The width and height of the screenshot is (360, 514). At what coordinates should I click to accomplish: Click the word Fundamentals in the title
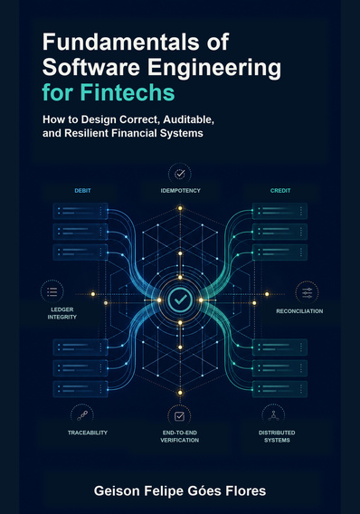click(x=120, y=42)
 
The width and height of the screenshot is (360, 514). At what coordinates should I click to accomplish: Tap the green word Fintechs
click(x=128, y=92)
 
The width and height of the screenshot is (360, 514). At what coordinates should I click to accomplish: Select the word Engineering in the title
click(x=214, y=69)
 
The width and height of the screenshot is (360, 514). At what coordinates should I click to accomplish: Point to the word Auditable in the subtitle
click(x=189, y=120)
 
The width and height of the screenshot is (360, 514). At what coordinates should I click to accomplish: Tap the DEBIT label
click(x=82, y=190)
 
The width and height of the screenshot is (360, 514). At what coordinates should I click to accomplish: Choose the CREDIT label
click(x=280, y=190)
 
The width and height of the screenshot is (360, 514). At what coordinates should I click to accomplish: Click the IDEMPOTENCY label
click(x=181, y=190)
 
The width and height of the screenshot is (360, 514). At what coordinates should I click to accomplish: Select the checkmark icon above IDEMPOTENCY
click(x=180, y=174)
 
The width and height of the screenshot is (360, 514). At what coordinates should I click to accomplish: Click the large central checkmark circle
click(x=180, y=300)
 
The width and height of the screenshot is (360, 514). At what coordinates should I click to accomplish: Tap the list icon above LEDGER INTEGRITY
click(x=52, y=291)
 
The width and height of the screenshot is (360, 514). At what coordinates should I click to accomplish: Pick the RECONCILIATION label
click(x=299, y=311)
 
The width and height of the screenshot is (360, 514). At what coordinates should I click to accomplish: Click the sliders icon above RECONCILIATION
click(x=307, y=292)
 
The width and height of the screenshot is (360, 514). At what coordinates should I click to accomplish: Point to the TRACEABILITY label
click(x=88, y=433)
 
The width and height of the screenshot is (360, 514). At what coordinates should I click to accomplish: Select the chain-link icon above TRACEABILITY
click(x=82, y=415)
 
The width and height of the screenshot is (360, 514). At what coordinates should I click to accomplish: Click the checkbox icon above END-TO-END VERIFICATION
click(x=179, y=416)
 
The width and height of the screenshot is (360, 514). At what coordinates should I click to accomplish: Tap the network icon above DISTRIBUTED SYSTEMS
click(x=273, y=415)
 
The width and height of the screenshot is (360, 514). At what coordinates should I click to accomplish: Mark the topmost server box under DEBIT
click(x=81, y=211)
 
